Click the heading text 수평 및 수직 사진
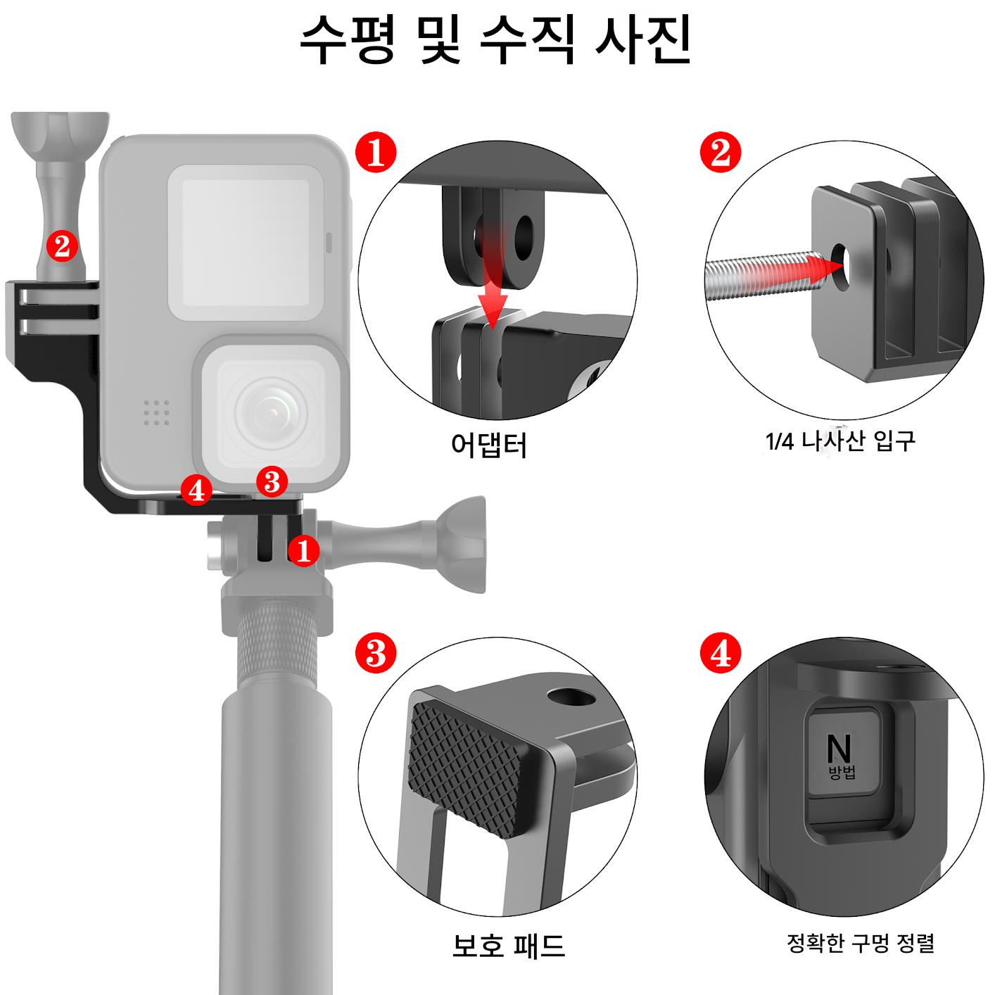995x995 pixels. tap(495, 40)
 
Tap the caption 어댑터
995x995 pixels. tap(488, 445)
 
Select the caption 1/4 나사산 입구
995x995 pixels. tap(840, 441)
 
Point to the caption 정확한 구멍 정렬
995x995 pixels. tap(860, 943)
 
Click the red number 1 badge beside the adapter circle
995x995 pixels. tap(376, 153)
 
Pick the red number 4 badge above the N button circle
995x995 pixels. tap(721, 653)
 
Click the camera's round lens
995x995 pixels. tap(271, 412)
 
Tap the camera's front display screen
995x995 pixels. tap(246, 243)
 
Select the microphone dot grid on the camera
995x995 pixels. tap(156, 412)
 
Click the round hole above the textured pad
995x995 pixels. tap(571, 697)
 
